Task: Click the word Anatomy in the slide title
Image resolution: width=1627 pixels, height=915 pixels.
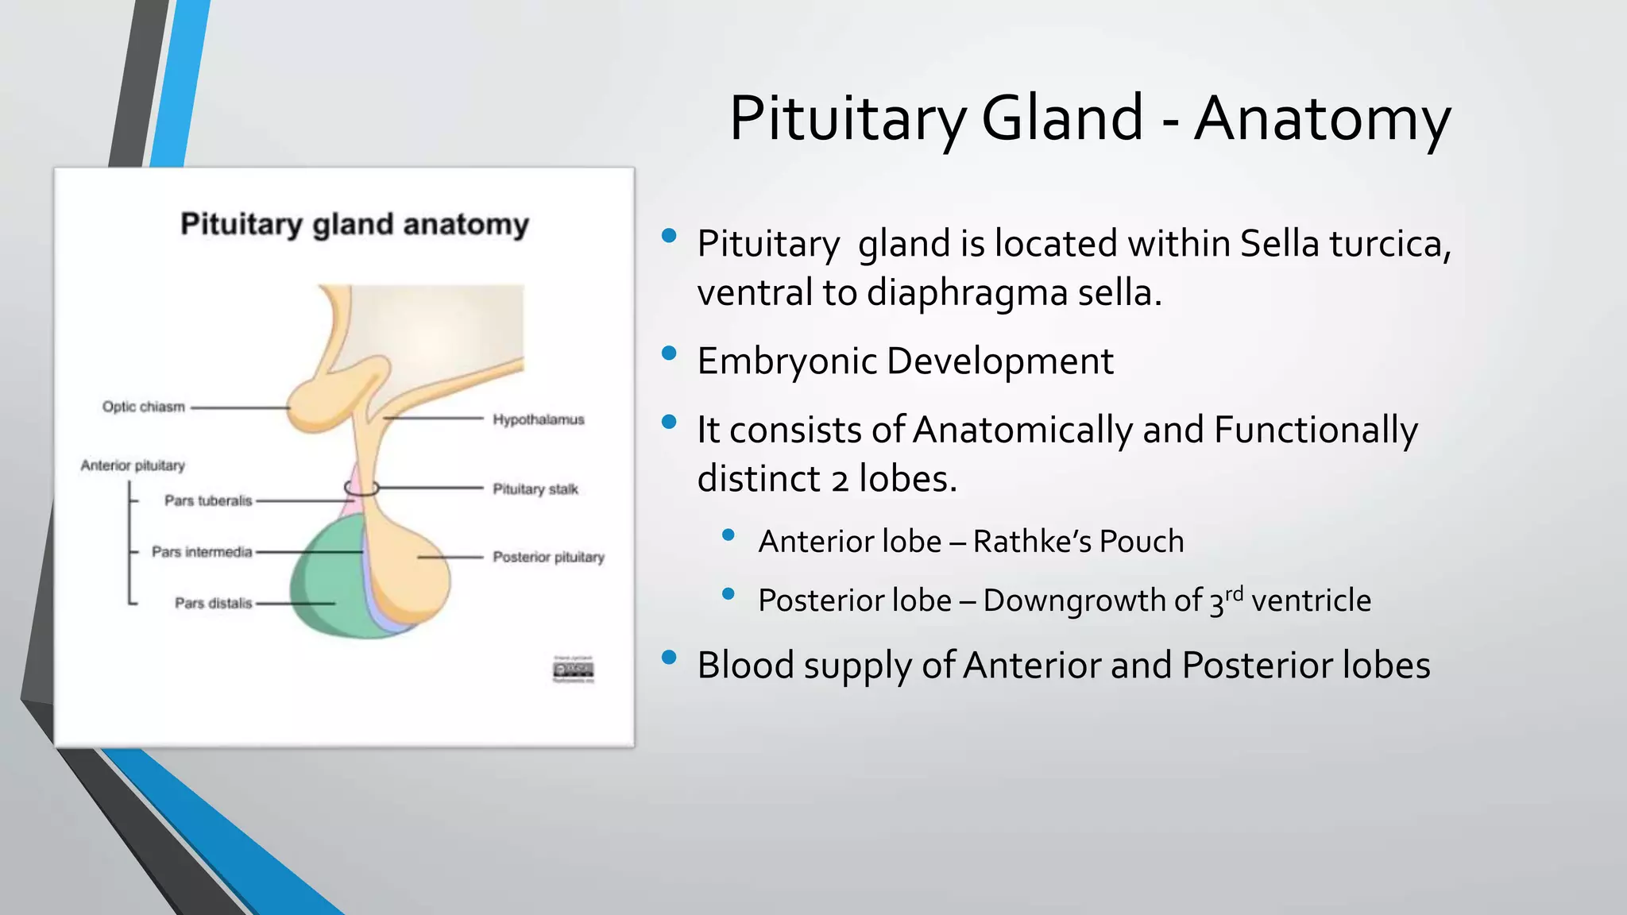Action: (1322, 119)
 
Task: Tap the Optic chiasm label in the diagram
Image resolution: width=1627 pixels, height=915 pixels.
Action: (143, 407)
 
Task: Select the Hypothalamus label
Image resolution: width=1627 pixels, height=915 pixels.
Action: (538, 419)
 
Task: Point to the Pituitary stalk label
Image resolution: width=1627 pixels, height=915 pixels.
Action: (535, 488)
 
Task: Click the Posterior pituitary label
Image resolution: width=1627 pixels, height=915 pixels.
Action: (548, 557)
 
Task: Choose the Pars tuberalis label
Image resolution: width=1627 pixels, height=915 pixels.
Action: (207, 500)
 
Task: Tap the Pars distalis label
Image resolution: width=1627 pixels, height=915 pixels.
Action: (212, 603)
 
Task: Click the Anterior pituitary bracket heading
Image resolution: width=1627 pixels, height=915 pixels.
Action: (132, 465)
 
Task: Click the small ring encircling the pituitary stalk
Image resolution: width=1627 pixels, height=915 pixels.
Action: (361, 488)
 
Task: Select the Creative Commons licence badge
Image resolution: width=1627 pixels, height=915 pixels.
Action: (573, 670)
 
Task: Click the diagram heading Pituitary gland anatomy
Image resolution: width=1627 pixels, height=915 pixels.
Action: (354, 224)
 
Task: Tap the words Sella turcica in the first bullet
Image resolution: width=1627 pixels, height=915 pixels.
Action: (1344, 243)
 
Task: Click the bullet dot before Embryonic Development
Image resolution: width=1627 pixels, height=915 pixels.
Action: (669, 353)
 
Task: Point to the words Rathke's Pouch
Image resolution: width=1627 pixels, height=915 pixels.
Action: (1078, 542)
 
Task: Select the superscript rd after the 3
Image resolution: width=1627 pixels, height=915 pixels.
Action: (1234, 593)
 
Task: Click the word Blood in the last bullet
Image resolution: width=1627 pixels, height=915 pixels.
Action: (745, 665)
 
